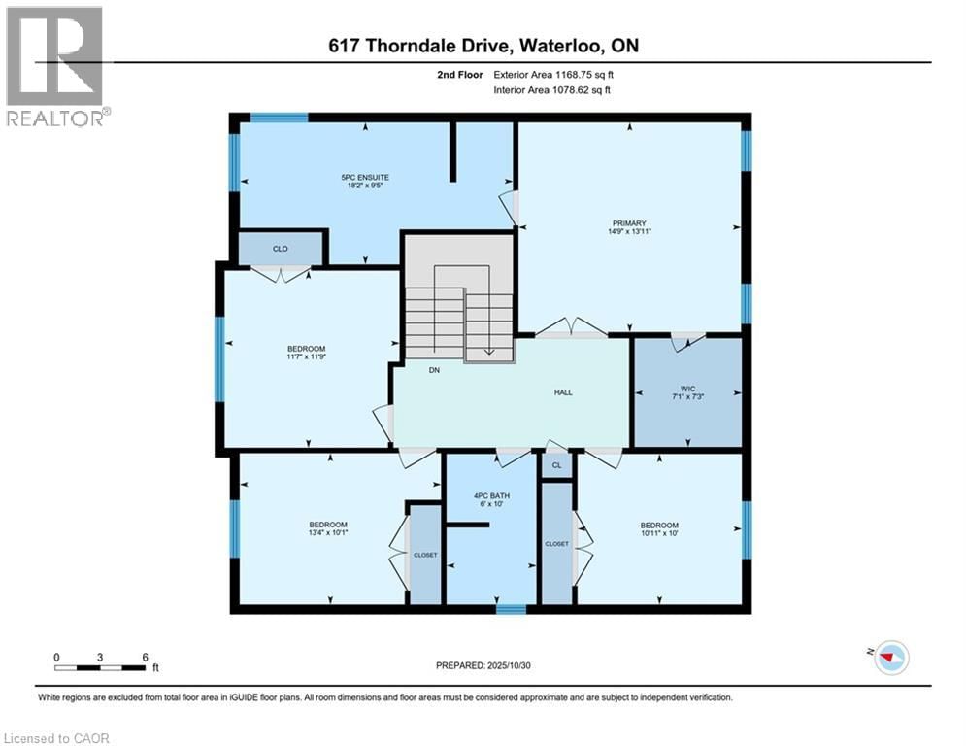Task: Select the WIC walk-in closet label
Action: click(690, 387)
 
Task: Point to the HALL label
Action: click(563, 392)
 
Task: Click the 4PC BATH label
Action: click(491, 496)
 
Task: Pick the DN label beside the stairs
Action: click(435, 369)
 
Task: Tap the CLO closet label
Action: click(280, 249)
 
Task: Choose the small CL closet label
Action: click(556, 466)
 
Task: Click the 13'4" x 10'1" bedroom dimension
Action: click(327, 533)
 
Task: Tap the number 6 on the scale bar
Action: click(145, 657)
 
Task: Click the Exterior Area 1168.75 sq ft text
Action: click(552, 73)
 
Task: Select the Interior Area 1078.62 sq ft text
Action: click(552, 90)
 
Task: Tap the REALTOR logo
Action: click(55, 66)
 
